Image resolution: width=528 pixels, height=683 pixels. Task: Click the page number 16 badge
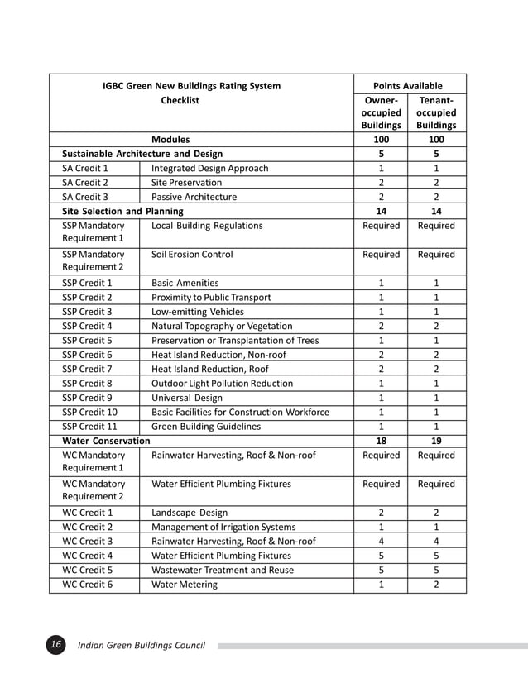[55, 645]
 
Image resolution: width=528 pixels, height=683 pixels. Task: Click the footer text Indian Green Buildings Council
[141, 645]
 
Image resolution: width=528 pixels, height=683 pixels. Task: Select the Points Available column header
[408, 86]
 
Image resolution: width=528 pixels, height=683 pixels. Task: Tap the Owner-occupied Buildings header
[381, 112]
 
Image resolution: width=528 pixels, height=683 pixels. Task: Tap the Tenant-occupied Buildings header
[436, 112]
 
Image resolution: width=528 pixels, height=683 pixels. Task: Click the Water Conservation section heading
[106, 441]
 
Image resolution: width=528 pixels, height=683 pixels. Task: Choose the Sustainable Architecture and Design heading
[142, 154]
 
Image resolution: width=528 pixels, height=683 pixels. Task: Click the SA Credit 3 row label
[85, 197]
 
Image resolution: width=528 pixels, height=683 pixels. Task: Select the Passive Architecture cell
[194, 197]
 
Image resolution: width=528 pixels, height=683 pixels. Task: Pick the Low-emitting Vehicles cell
[198, 312]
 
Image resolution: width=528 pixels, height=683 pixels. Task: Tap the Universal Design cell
[187, 398]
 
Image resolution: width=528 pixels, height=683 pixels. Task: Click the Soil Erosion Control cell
[192, 255]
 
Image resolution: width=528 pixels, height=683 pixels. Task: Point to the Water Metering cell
[185, 585]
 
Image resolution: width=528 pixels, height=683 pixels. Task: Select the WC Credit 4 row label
[87, 556]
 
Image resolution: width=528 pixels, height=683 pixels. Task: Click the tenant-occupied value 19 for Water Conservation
[436, 441]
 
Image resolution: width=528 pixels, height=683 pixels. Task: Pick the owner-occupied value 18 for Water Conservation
[381, 441]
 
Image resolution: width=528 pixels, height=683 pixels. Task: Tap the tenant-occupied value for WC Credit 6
[436, 585]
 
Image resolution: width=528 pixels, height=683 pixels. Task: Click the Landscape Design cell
[190, 513]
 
